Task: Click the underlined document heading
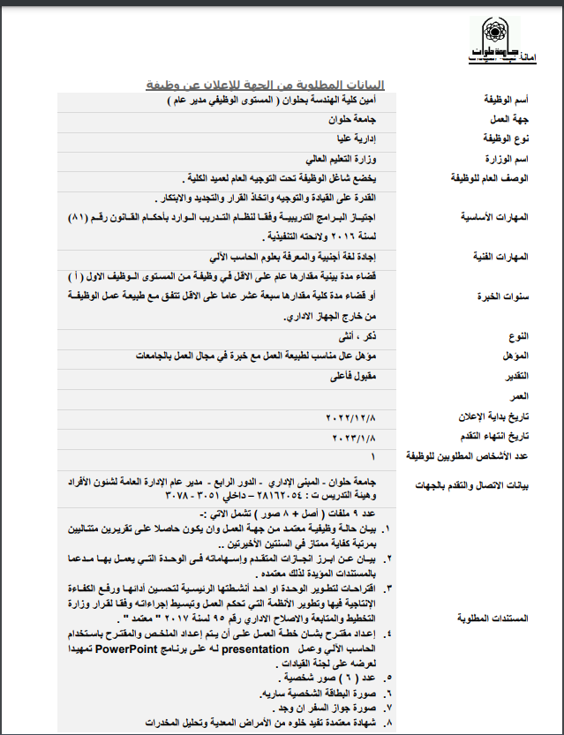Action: (265, 85)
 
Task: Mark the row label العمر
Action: (517, 396)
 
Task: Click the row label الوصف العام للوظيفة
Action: (487, 178)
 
